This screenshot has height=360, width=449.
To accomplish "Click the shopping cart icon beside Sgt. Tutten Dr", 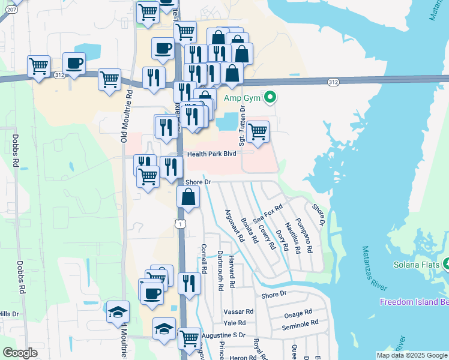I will (x=258, y=131).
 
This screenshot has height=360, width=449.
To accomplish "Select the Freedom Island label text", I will (x=414, y=301).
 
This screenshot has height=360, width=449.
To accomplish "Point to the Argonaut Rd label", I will (x=235, y=226).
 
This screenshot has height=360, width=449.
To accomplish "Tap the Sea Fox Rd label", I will (x=268, y=214).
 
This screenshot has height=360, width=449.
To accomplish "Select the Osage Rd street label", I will (x=298, y=313).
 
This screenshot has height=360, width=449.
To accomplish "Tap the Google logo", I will (x=20, y=353).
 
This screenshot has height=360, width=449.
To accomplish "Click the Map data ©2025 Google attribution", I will (x=412, y=355).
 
